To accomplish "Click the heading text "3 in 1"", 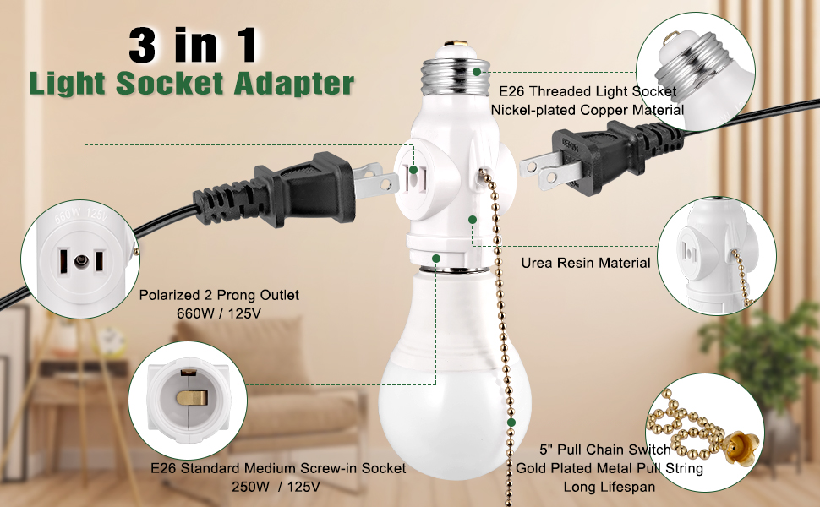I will click(x=194, y=45).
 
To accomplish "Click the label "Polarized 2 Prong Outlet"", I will click(x=219, y=296).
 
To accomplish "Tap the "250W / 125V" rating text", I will click(x=275, y=486).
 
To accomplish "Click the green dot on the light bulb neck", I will click(x=435, y=259).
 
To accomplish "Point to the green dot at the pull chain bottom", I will click(x=511, y=420).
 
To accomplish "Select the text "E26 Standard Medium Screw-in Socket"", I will click(x=277, y=467).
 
